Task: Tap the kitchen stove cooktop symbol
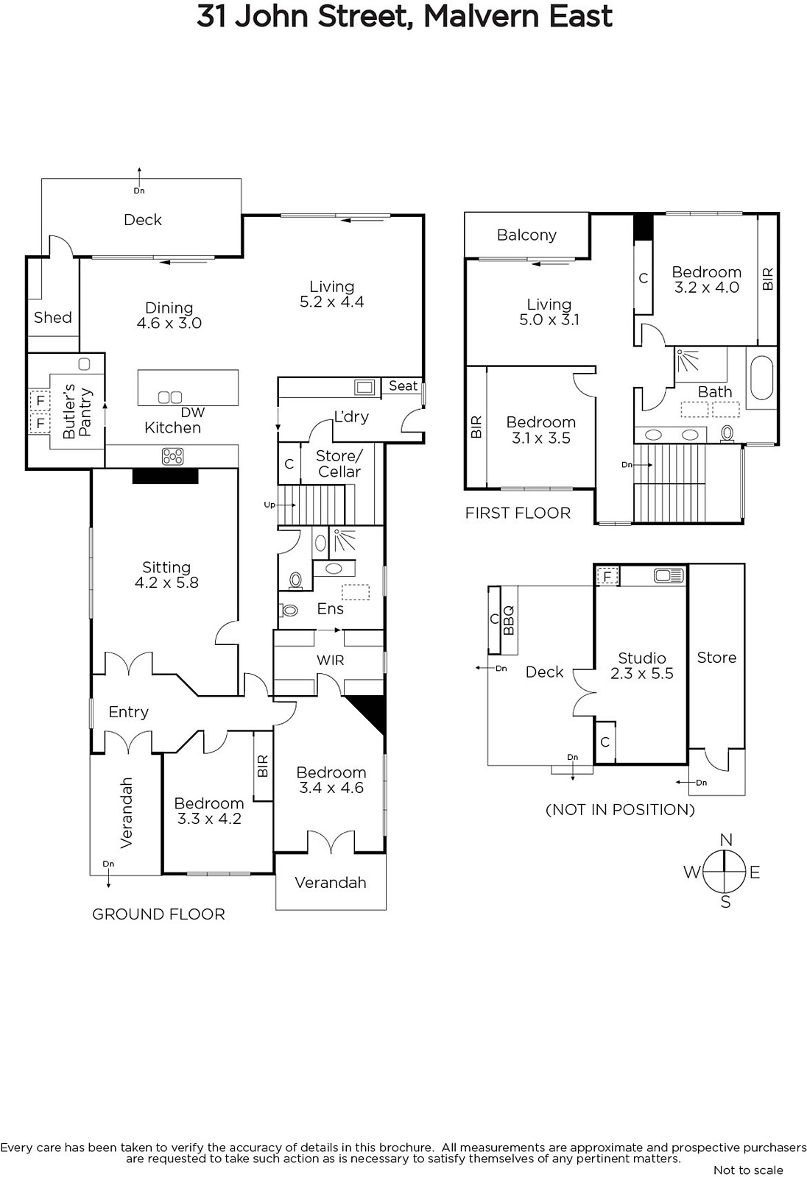pyautogui.click(x=172, y=456)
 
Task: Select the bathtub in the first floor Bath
pyautogui.click(x=762, y=378)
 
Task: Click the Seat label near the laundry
pyautogui.click(x=403, y=385)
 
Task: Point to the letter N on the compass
pyautogui.click(x=726, y=839)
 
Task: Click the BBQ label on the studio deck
pyautogui.click(x=508, y=621)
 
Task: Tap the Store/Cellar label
pyautogui.click(x=339, y=463)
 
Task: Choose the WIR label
pyautogui.click(x=330, y=660)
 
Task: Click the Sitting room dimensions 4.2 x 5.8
pyautogui.click(x=166, y=583)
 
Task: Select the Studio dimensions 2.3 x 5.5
pyautogui.click(x=642, y=674)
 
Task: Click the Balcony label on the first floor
pyautogui.click(x=526, y=235)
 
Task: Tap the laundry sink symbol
pyautogui.click(x=365, y=388)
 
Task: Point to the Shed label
pyautogui.click(x=52, y=317)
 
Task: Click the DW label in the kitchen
pyautogui.click(x=192, y=413)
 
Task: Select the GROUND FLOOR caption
pyautogui.click(x=158, y=914)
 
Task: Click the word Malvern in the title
pyautogui.click(x=482, y=16)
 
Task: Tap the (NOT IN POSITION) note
pyautogui.click(x=620, y=810)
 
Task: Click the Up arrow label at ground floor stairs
pyautogui.click(x=269, y=505)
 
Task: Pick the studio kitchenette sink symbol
pyautogui.click(x=669, y=576)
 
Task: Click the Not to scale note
pyautogui.click(x=748, y=1170)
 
